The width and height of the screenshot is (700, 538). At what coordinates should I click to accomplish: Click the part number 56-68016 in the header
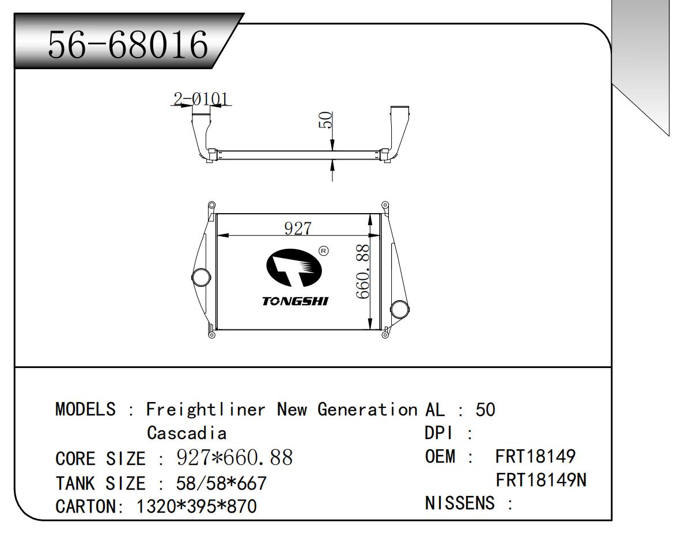(128, 44)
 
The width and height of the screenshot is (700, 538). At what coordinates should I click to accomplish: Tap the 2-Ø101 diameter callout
(200, 99)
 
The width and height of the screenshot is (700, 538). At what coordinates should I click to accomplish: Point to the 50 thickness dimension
(325, 120)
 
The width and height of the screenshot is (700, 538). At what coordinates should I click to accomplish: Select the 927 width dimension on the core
(298, 228)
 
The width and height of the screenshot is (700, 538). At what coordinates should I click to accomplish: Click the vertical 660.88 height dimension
(363, 271)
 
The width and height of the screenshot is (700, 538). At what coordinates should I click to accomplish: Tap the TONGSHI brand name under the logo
(295, 301)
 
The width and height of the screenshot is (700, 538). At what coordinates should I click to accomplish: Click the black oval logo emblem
(294, 267)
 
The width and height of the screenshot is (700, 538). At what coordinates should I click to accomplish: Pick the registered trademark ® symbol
(323, 251)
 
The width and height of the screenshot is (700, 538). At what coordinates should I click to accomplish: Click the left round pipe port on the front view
(201, 277)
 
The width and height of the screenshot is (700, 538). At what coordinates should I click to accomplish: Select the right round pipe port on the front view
(399, 310)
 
